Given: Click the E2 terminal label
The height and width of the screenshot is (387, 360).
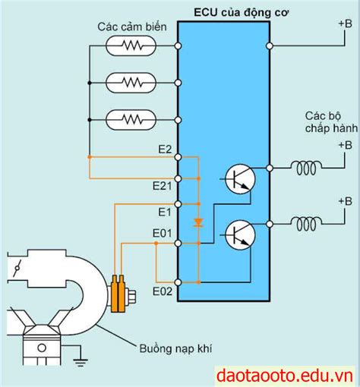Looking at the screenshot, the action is tap(165, 149).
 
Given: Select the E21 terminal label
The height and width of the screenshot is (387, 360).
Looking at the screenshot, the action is tap(163, 186).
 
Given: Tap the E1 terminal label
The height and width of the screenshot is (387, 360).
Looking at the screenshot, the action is tap(165, 212).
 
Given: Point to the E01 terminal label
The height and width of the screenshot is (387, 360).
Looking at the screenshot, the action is tap(163, 233).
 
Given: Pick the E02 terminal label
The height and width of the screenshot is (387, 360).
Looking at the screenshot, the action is tap(163, 291).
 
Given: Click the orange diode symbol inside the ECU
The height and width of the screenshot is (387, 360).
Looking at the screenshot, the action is tap(198, 222).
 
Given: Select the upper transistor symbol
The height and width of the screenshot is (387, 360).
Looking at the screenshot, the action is tap(240, 179).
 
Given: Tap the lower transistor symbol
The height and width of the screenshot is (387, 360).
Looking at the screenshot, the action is tap(240, 235).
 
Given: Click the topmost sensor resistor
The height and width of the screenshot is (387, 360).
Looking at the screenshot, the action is tap(131, 46).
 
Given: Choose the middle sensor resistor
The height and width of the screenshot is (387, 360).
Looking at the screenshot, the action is tap(131, 83).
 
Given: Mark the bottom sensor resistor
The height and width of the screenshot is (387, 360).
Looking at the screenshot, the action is tap(131, 120).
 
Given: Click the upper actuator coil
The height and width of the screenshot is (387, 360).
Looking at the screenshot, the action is tap(307, 168).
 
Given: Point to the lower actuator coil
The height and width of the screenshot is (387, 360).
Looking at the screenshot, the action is tap(307, 224).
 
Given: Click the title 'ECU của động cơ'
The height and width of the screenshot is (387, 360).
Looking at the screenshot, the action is tap(242, 13).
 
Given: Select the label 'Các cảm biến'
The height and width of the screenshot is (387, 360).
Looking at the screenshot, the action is tap(132, 27).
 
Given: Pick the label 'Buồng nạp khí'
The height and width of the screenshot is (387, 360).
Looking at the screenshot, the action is tap(175, 349).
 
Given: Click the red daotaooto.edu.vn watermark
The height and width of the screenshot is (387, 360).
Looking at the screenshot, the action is tap(285, 376).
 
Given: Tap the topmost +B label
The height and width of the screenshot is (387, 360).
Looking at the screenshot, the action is tap(346, 24).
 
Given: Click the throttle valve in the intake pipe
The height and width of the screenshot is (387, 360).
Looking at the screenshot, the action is tap(17, 268).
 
